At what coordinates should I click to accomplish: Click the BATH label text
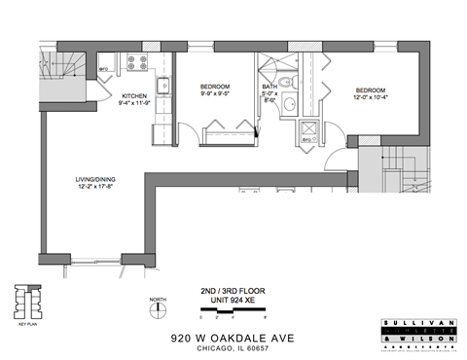point(270,86)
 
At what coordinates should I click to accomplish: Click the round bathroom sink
point(287,107)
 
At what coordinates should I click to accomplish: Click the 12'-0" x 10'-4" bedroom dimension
point(372,96)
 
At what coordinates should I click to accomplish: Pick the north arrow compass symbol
point(155,311)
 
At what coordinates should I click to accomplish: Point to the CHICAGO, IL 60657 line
point(233,346)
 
